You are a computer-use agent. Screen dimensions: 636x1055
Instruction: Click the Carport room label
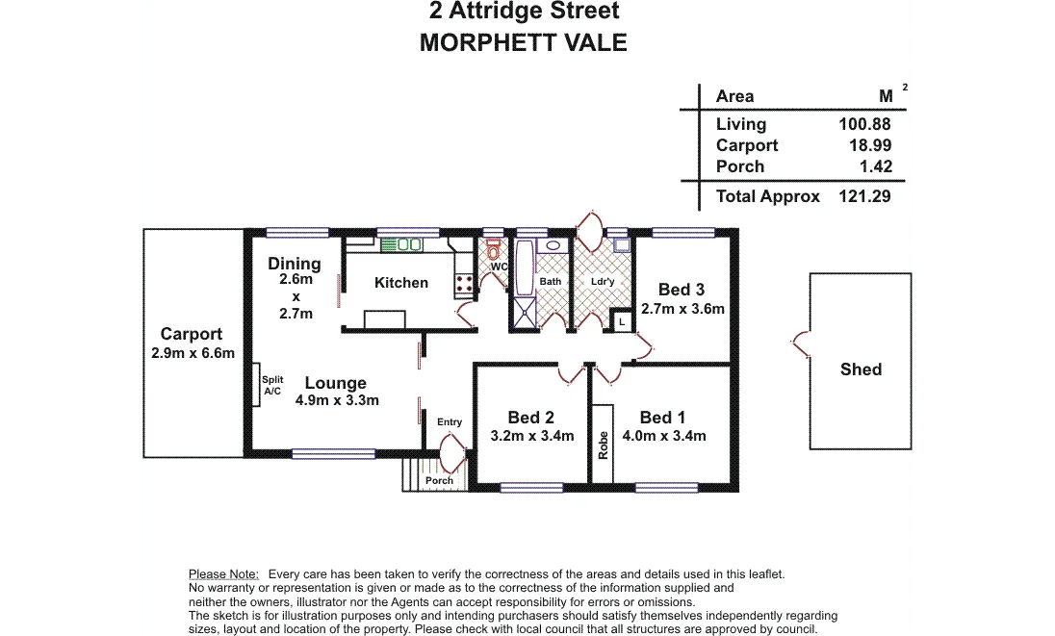pyautogui.click(x=191, y=334)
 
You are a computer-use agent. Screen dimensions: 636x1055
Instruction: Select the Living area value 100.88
pyautogui.click(x=864, y=124)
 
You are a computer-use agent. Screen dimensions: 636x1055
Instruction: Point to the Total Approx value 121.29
pyautogui.click(x=864, y=196)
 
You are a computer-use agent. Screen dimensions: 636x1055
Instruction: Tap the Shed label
pyautogui.click(x=861, y=369)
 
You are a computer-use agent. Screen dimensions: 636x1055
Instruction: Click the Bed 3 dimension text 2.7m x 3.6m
pyautogui.click(x=682, y=309)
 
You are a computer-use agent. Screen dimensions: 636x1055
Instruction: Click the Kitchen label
pyautogui.click(x=401, y=282)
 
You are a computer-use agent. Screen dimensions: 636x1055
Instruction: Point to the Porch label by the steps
pyautogui.click(x=439, y=480)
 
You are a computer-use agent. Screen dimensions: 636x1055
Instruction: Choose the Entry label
pyautogui.click(x=450, y=422)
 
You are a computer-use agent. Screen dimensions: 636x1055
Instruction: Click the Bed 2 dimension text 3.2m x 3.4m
pyautogui.click(x=531, y=436)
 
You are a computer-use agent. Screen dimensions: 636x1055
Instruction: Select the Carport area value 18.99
pyautogui.click(x=869, y=145)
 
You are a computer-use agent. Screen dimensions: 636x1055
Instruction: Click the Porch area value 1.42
pyautogui.click(x=873, y=166)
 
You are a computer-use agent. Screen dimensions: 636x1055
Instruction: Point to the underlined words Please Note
pyautogui.click(x=223, y=573)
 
